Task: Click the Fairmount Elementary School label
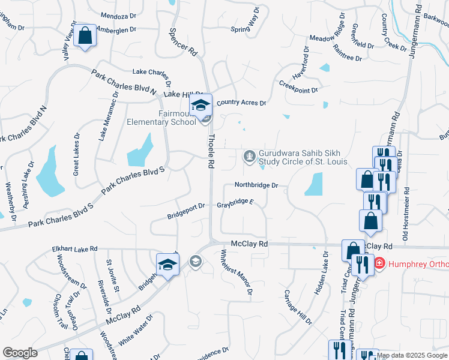point(161,117)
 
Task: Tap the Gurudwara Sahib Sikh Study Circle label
point(303,158)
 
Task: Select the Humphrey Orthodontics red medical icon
point(379,263)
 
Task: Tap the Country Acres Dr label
point(241,103)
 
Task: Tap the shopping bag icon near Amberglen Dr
point(86,35)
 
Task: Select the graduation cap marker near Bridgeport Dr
point(168,265)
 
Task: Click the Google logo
point(20,353)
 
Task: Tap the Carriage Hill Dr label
point(298,308)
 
